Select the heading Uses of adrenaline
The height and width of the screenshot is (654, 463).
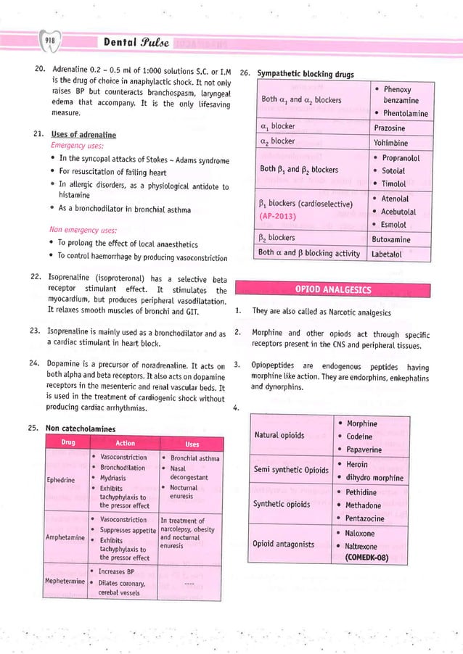tap(80, 135)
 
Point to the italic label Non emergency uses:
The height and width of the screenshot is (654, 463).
tap(78, 231)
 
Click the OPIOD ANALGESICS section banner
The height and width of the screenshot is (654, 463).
tap(332, 290)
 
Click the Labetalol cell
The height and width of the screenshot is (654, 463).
tap(391, 254)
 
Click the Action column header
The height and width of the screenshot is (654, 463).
tap(125, 443)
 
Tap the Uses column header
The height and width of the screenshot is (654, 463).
tap(192, 444)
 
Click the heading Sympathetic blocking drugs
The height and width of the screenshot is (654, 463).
tap(298, 74)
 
